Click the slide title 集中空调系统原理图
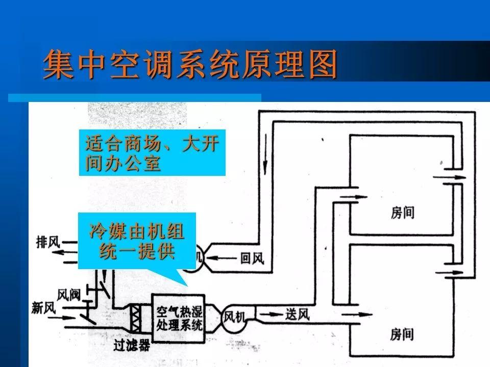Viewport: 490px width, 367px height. [x=190, y=65]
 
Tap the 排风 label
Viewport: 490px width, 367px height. [x=47, y=242]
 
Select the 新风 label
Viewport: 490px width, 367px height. [x=43, y=308]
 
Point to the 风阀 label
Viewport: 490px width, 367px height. [x=68, y=294]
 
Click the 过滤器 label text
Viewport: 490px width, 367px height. [x=132, y=345]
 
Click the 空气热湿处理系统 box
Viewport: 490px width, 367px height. [x=178, y=318]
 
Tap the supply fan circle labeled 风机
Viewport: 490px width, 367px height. [x=234, y=318]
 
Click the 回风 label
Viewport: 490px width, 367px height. [x=252, y=258]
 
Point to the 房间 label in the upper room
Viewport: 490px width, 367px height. [x=403, y=213]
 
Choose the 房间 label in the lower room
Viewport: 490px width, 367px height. [x=402, y=334]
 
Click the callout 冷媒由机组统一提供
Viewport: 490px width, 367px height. [x=137, y=241]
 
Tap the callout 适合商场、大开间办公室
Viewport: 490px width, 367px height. [x=152, y=152]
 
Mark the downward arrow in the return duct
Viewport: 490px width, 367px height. [x=265, y=154]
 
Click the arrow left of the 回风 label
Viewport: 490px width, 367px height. [x=221, y=258]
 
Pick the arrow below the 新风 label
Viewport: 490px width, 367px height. [x=62, y=318]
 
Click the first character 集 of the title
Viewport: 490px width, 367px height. [x=58, y=65]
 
